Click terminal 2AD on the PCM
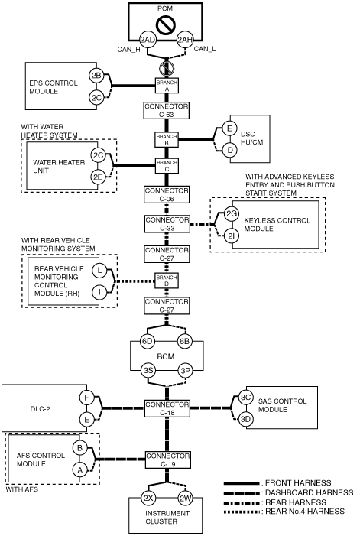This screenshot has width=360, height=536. [148, 40]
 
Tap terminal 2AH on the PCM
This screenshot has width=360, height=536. [185, 40]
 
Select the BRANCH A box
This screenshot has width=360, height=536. [167, 86]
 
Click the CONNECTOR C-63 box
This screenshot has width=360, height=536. [167, 110]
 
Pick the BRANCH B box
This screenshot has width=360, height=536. [167, 139]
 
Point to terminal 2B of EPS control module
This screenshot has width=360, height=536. [96, 75]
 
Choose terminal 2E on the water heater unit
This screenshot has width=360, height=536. [98, 177]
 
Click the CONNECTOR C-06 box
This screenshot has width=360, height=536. [167, 194]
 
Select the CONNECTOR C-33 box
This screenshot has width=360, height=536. [167, 224]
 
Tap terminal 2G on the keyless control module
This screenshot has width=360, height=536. [232, 214]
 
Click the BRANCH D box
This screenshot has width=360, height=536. [167, 281]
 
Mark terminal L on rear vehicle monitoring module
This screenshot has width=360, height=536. [99, 271]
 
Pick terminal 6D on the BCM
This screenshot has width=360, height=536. [148, 342]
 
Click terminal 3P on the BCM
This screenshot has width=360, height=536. [186, 371]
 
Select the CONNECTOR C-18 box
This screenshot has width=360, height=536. [167, 408]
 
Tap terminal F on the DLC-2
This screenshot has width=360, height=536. [87, 398]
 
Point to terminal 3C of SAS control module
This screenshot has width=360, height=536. [245, 397]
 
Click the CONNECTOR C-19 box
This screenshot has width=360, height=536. [167, 460]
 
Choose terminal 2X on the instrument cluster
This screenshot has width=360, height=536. [148, 499]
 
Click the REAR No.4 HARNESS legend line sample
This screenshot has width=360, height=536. [242, 512]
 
